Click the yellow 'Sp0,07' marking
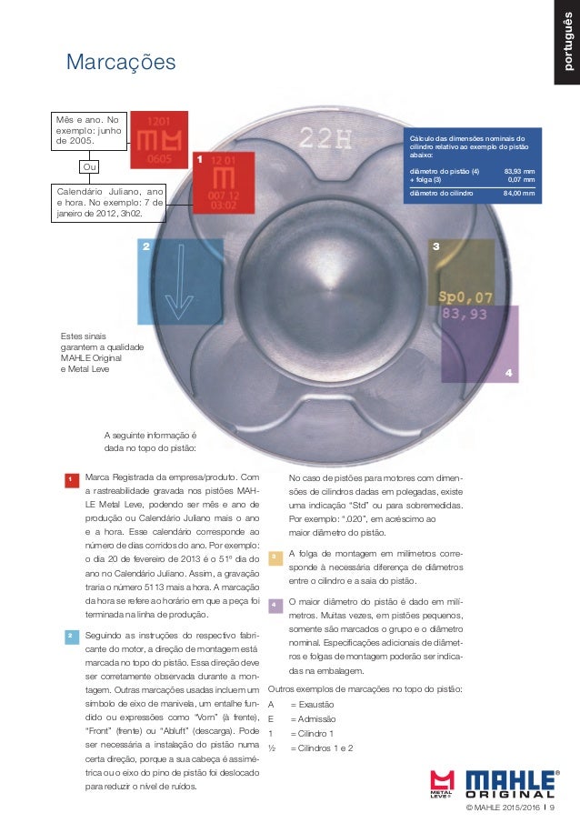(465, 296)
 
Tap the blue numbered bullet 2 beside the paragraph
(69, 636)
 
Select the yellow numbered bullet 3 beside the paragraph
(274, 557)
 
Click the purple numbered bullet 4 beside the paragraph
(274, 605)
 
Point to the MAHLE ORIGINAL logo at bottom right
(512, 784)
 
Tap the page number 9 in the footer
(553, 808)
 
